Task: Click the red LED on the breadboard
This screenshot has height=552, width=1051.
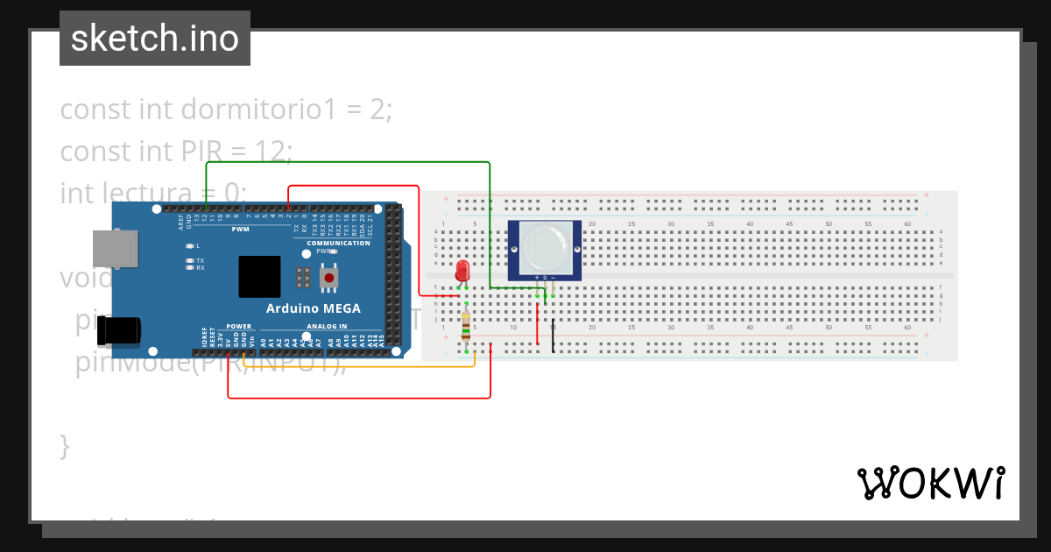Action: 462,271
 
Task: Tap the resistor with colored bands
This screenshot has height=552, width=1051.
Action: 466,326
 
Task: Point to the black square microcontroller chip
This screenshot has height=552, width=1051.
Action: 259,277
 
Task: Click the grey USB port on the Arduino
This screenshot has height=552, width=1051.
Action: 116,248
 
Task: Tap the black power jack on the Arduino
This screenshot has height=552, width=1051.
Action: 118,330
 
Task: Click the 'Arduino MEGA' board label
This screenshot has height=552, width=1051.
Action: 313,309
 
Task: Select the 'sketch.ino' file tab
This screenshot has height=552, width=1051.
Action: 155,39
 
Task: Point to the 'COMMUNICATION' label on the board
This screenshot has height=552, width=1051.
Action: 338,243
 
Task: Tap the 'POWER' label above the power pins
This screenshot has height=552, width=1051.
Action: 238,326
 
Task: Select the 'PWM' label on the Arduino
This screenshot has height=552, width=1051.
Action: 241,230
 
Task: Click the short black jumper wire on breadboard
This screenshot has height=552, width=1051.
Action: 553,336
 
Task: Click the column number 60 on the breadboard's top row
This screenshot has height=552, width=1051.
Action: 906,224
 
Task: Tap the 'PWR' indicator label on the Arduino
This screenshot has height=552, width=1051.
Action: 324,251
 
